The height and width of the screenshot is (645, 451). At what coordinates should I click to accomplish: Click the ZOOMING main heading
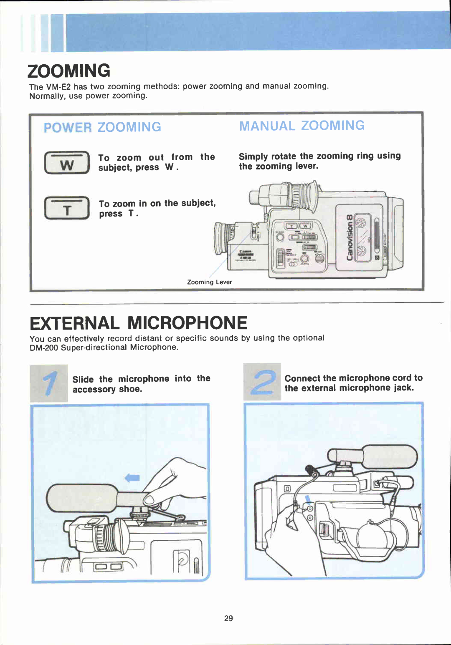(69, 71)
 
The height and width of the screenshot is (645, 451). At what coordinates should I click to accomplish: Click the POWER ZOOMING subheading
(102, 127)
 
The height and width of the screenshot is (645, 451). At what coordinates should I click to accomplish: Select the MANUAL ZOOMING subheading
(302, 126)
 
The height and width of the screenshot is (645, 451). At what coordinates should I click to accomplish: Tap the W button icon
(67, 163)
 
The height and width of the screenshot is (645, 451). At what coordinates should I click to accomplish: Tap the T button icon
(67, 208)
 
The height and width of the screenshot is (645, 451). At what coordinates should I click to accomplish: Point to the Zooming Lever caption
(209, 282)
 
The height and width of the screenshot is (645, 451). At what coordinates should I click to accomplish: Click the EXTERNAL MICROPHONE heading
(139, 323)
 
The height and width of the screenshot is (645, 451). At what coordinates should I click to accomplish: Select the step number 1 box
(49, 383)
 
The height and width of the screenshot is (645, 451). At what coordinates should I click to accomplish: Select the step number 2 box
(262, 382)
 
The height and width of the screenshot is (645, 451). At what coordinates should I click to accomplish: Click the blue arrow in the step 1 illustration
(132, 478)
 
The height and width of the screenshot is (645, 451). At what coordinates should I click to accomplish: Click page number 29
(228, 618)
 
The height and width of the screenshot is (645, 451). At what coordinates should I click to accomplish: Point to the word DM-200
(44, 348)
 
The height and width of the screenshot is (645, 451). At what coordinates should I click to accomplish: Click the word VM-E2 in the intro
(58, 87)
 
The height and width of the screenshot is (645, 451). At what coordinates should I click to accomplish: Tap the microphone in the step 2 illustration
(388, 456)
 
